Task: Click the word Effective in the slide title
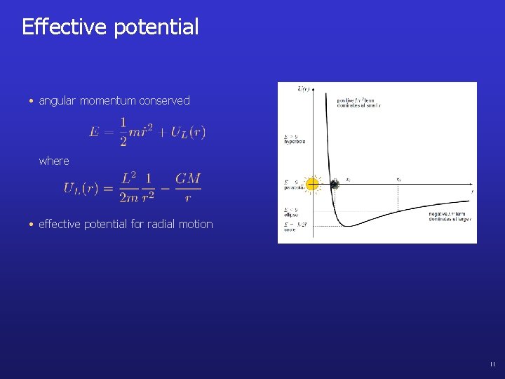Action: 63,27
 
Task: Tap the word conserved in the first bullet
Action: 164,101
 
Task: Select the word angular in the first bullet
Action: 58,101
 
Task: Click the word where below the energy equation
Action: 54,161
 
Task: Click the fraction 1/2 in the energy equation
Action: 123,131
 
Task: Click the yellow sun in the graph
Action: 313,185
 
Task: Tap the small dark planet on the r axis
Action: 335,184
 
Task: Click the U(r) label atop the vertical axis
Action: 303,89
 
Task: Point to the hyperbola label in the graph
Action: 295,141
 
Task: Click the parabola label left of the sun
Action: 294,187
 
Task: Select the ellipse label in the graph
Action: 291,215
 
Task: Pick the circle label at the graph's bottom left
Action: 290,230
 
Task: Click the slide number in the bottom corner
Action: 492,364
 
